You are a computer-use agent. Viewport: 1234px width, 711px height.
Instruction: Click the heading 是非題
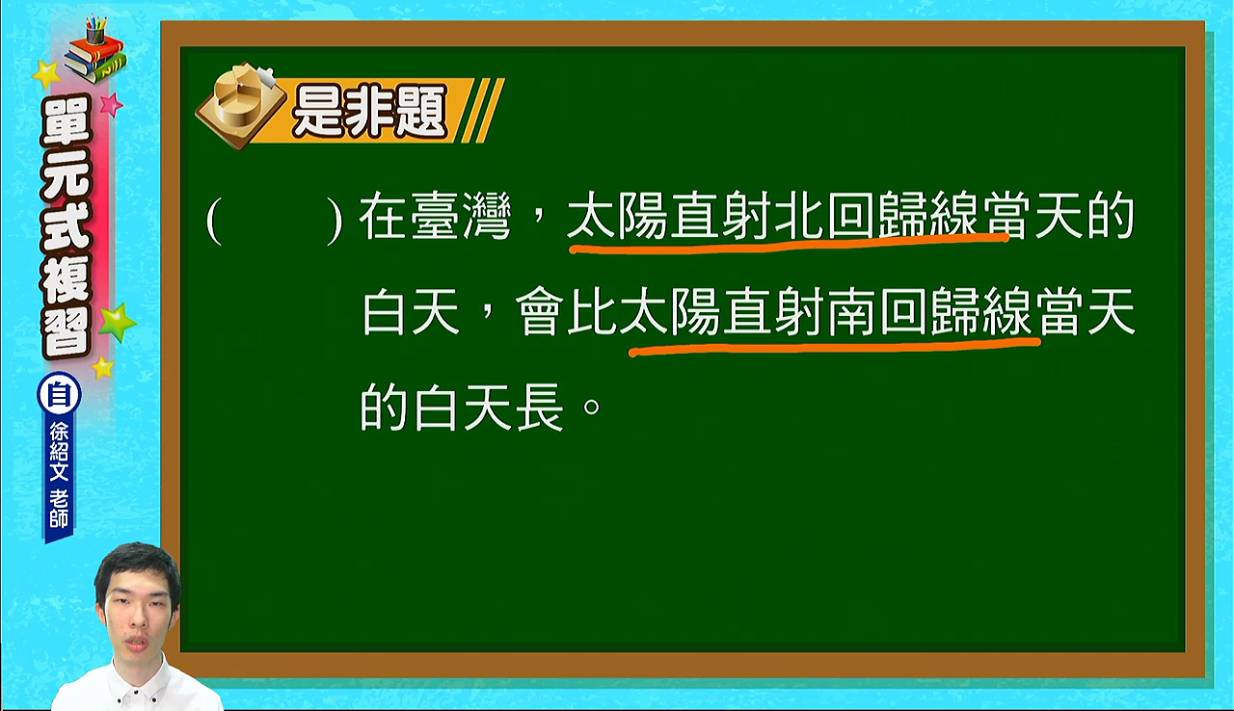pyautogui.click(x=368, y=111)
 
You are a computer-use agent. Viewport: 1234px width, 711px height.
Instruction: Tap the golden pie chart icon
pyautogui.click(x=241, y=105)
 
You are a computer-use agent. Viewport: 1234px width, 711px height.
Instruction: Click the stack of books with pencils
pyautogui.click(x=94, y=51)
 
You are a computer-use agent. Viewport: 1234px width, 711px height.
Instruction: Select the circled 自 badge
pyautogui.click(x=59, y=395)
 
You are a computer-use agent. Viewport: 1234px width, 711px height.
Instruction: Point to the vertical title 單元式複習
pyautogui.click(x=65, y=226)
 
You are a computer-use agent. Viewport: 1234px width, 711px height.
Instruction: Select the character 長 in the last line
pyautogui.click(x=540, y=408)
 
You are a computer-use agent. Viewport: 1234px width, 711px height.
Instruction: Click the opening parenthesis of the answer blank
pyautogui.click(x=214, y=222)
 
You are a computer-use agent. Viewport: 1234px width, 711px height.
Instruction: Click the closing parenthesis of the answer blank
pyautogui.click(x=335, y=222)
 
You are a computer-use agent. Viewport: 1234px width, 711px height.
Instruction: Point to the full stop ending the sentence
pyautogui.click(x=592, y=408)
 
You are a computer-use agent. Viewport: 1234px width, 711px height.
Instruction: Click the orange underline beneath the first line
pyautogui.click(x=789, y=245)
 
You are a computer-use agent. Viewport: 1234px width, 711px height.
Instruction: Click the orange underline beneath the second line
pyautogui.click(x=835, y=346)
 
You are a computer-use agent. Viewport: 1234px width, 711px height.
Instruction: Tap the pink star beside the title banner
pyautogui.click(x=110, y=104)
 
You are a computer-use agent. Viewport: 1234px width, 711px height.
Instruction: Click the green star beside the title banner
pyautogui.click(x=117, y=323)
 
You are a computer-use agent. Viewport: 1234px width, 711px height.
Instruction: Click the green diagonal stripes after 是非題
pyautogui.click(x=483, y=111)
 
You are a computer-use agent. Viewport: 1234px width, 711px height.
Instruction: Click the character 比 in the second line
pyautogui.click(x=592, y=311)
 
